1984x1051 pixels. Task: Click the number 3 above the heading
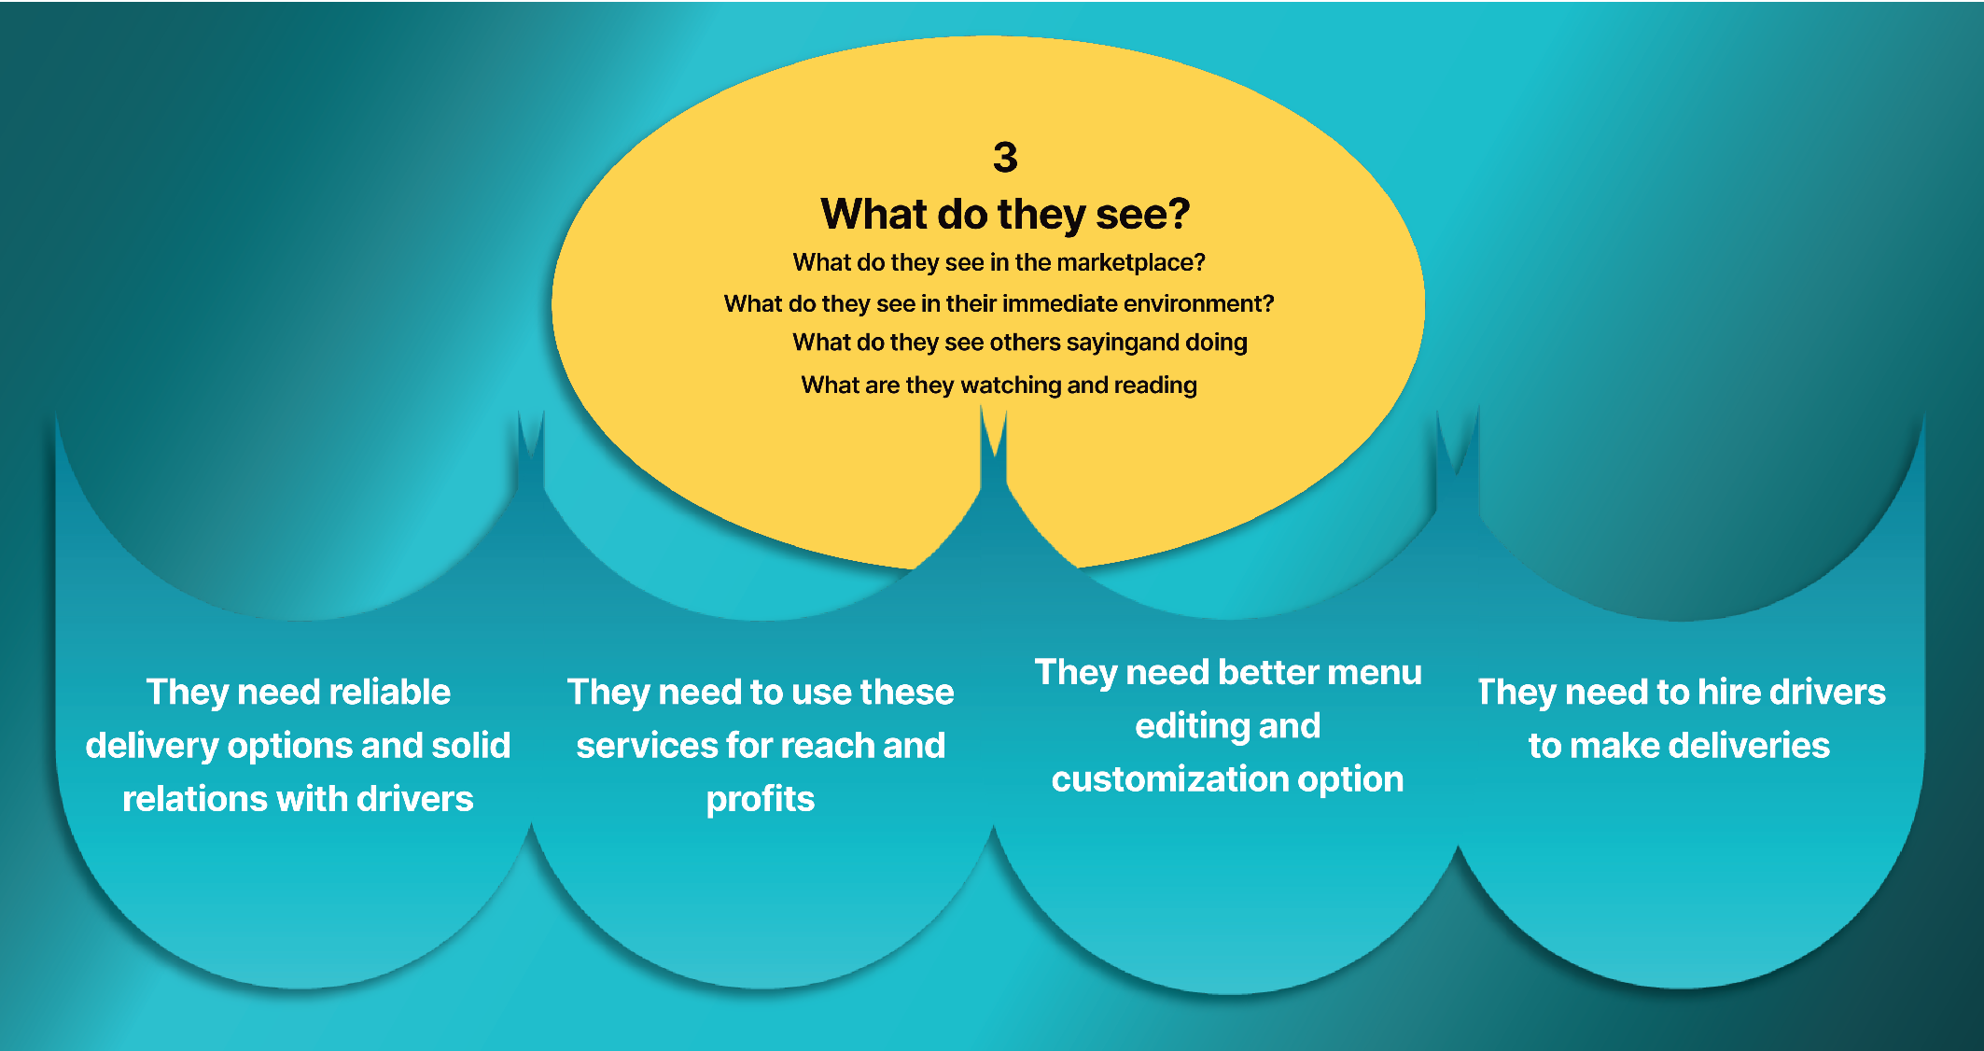pyautogui.click(x=1005, y=157)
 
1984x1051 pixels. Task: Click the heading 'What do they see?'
pyautogui.click(x=1005, y=215)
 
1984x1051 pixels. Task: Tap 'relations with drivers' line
pyautogui.click(x=298, y=799)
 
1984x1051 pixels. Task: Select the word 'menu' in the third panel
pyautogui.click(x=1375, y=672)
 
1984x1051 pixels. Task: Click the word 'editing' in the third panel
pyautogui.click(x=1180, y=726)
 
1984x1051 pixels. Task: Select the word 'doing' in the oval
pyautogui.click(x=1216, y=343)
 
